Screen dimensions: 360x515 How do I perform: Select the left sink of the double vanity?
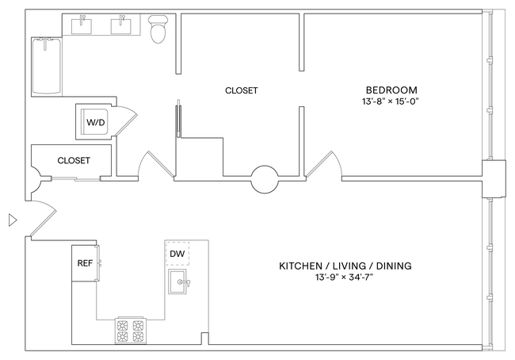point(82,26)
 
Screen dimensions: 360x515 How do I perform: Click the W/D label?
point(94,123)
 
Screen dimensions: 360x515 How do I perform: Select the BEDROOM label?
point(391,90)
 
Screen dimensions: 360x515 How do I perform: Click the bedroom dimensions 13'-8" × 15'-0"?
point(391,102)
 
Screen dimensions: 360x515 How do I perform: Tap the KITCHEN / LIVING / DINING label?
point(345,266)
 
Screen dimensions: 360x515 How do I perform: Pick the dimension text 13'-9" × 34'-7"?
point(345,278)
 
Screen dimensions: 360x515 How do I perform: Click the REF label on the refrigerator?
point(84,262)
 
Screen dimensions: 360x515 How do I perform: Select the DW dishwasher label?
point(179,253)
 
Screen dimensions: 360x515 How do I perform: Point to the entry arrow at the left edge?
point(11,220)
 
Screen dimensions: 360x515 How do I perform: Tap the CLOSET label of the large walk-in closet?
point(241,90)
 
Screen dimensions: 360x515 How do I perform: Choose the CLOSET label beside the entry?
point(74,160)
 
